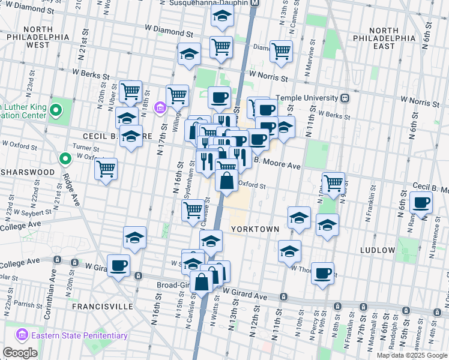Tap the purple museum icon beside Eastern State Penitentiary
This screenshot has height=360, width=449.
click(23, 335)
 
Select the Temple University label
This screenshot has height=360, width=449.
click(307, 97)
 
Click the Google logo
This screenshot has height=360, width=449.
click(20, 353)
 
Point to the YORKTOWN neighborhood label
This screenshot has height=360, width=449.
click(255, 229)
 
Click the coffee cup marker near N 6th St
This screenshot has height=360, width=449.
click(421, 202)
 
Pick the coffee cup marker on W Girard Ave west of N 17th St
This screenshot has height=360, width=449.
click(119, 265)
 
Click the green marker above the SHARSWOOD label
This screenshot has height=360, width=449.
click(65, 158)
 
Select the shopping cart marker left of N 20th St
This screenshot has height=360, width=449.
click(106, 169)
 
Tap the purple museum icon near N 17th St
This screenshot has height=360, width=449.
click(160, 108)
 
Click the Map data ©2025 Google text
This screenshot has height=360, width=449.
click(411, 355)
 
